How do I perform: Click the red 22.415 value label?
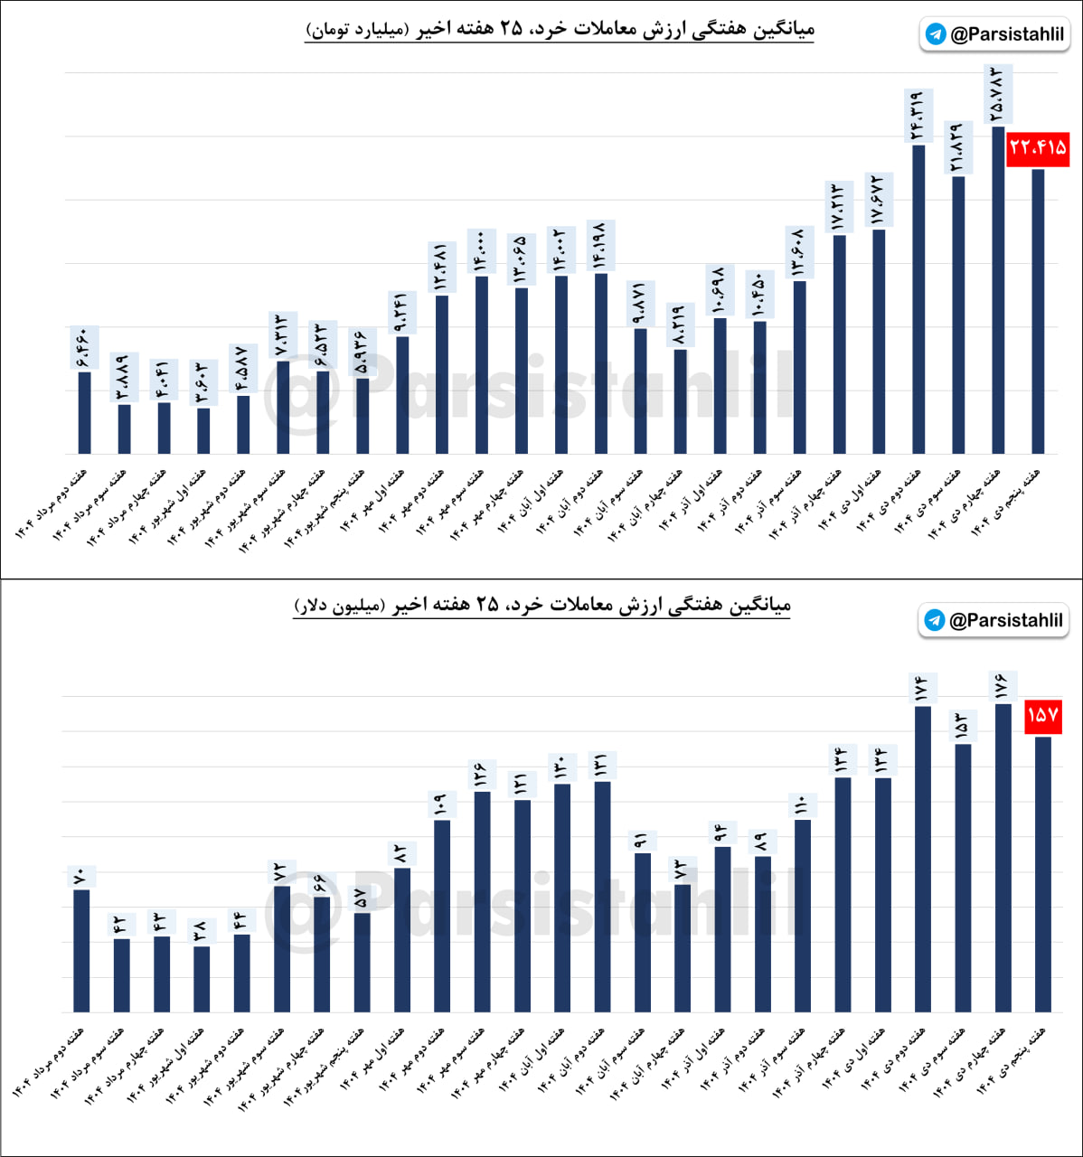(x=1038, y=146)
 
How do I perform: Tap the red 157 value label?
(x=1042, y=716)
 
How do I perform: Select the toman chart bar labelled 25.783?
(x=998, y=289)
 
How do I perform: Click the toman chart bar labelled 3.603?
(x=203, y=431)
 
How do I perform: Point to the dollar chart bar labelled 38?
(x=202, y=979)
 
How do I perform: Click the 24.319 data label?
(x=918, y=117)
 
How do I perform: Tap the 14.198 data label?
(x=600, y=244)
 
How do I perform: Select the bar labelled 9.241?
(x=402, y=394)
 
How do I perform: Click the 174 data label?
(x=922, y=689)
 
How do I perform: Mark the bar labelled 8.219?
(x=680, y=401)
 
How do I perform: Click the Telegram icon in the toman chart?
(x=936, y=34)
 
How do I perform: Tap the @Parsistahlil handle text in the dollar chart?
(x=1005, y=620)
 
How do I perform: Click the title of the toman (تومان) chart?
(x=560, y=29)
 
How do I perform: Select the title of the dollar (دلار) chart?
(x=542, y=605)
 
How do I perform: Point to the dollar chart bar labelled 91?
(x=642, y=932)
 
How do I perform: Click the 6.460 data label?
(x=84, y=349)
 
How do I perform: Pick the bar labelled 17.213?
(x=839, y=343)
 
